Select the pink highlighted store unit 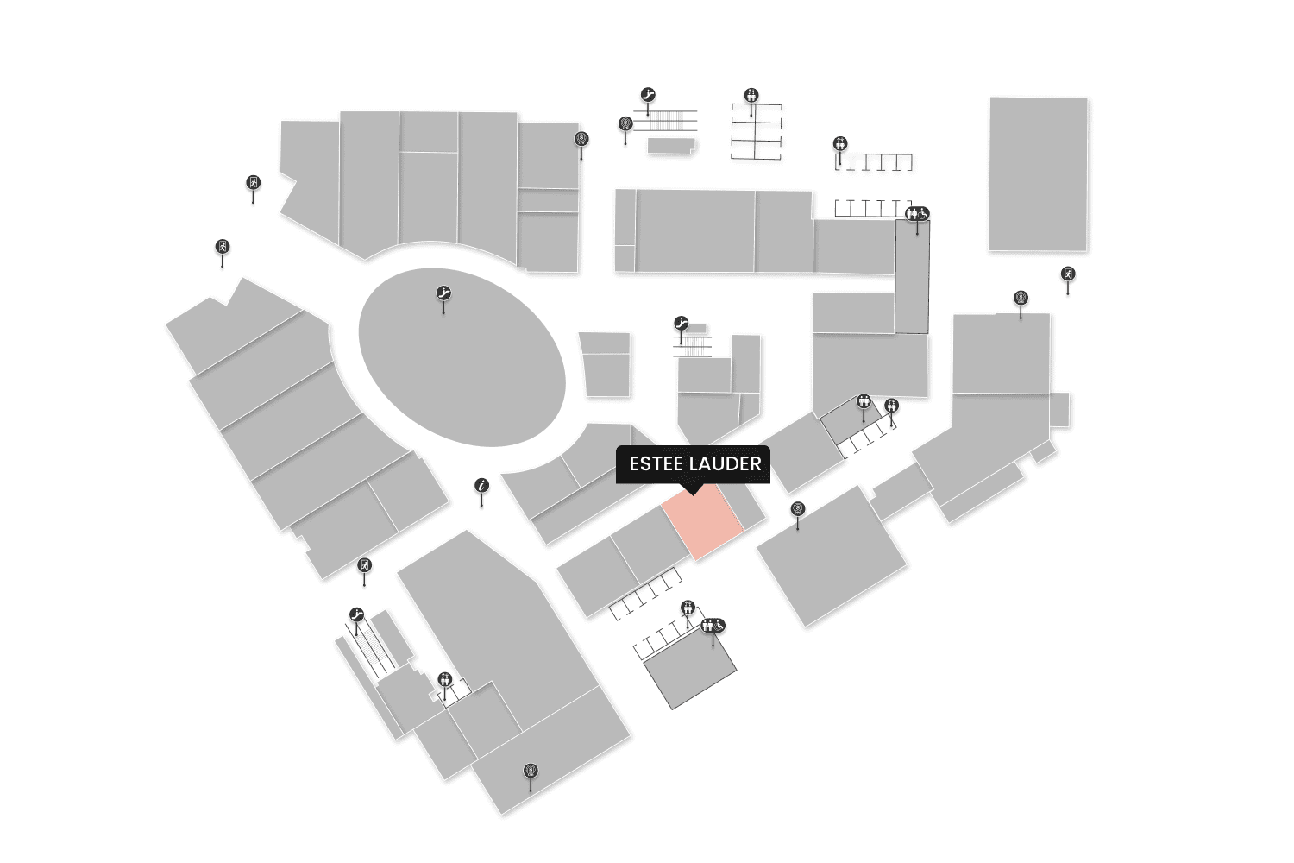click(x=702, y=521)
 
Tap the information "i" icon click(x=482, y=486)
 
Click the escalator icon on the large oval click(x=443, y=293)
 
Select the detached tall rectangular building click(x=1038, y=173)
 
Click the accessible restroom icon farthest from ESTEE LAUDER click(x=917, y=214)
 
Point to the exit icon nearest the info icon click(x=365, y=566)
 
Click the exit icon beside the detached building click(x=1068, y=274)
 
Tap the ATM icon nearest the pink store click(x=797, y=509)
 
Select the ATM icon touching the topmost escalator click(x=625, y=124)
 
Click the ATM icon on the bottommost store click(x=531, y=771)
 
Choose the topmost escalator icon click(x=649, y=95)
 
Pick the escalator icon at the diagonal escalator click(x=356, y=614)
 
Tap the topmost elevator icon click(x=751, y=95)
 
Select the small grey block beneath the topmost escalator click(x=670, y=146)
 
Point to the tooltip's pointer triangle click(x=692, y=489)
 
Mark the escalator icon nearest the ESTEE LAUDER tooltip click(x=682, y=324)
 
